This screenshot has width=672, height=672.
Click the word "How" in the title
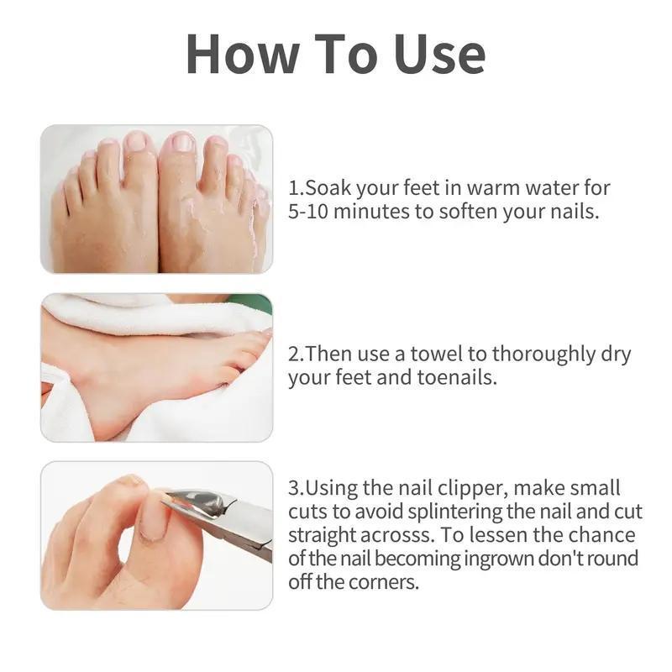point(243,55)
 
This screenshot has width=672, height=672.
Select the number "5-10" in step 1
point(307,212)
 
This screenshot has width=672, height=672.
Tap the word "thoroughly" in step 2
point(543,354)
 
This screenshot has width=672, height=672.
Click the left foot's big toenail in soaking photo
point(136,141)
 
